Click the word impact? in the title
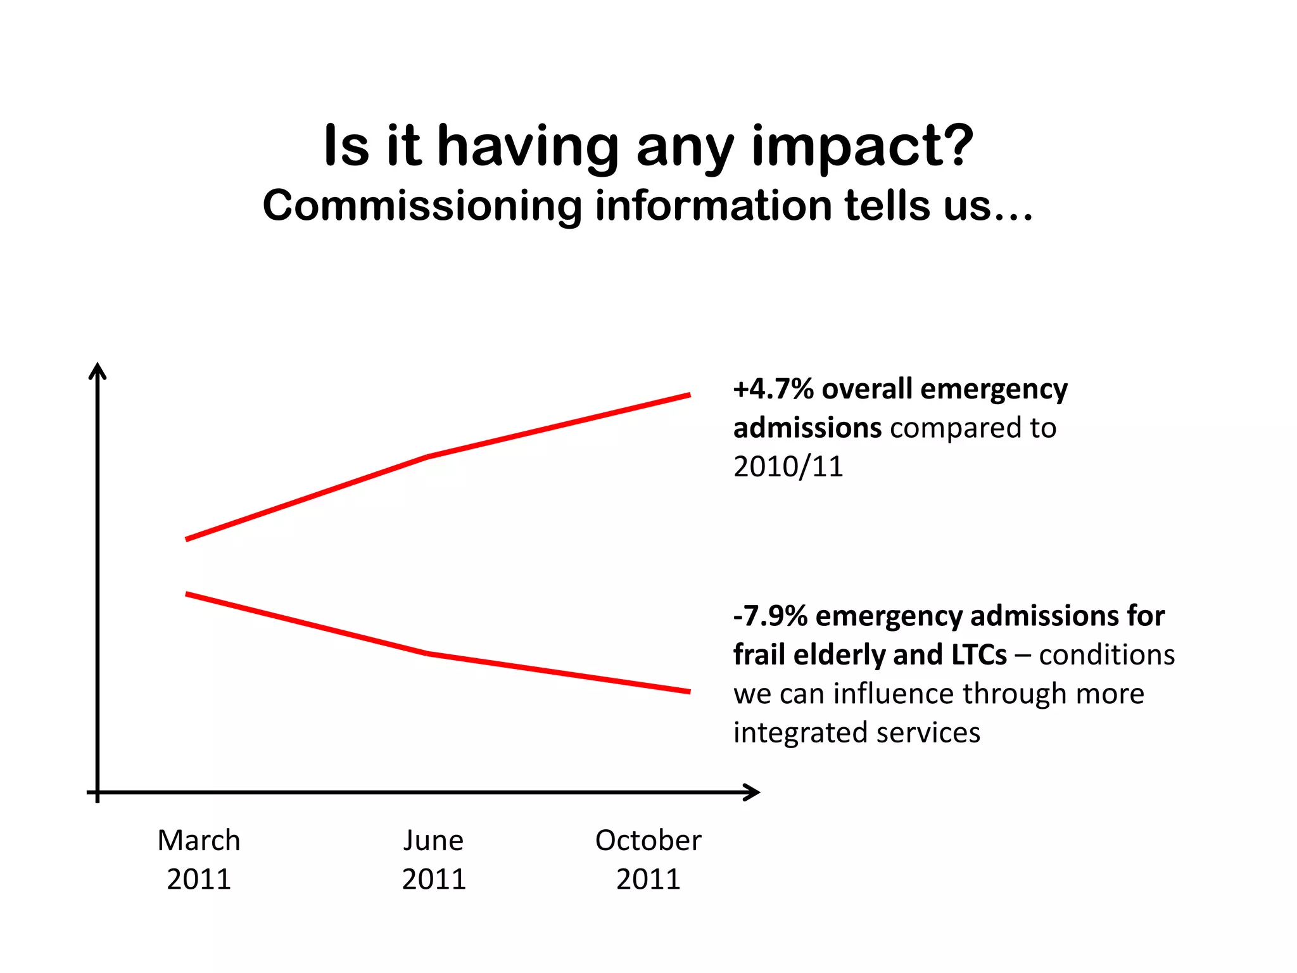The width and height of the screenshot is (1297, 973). (x=863, y=147)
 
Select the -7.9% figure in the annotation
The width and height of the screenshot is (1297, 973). (x=770, y=616)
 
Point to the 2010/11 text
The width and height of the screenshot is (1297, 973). (x=788, y=467)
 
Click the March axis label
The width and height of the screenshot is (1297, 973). (x=199, y=841)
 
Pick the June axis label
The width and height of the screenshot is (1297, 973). (x=434, y=841)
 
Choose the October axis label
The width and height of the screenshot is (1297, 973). (x=648, y=841)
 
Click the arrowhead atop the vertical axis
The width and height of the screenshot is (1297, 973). (x=98, y=369)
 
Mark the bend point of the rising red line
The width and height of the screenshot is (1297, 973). (x=428, y=456)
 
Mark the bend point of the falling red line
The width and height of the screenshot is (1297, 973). (x=428, y=652)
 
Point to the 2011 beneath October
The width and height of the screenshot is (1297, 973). (x=648, y=879)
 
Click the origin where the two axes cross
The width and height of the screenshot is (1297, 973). (x=98, y=792)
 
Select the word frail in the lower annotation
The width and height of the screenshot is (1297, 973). (x=759, y=655)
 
